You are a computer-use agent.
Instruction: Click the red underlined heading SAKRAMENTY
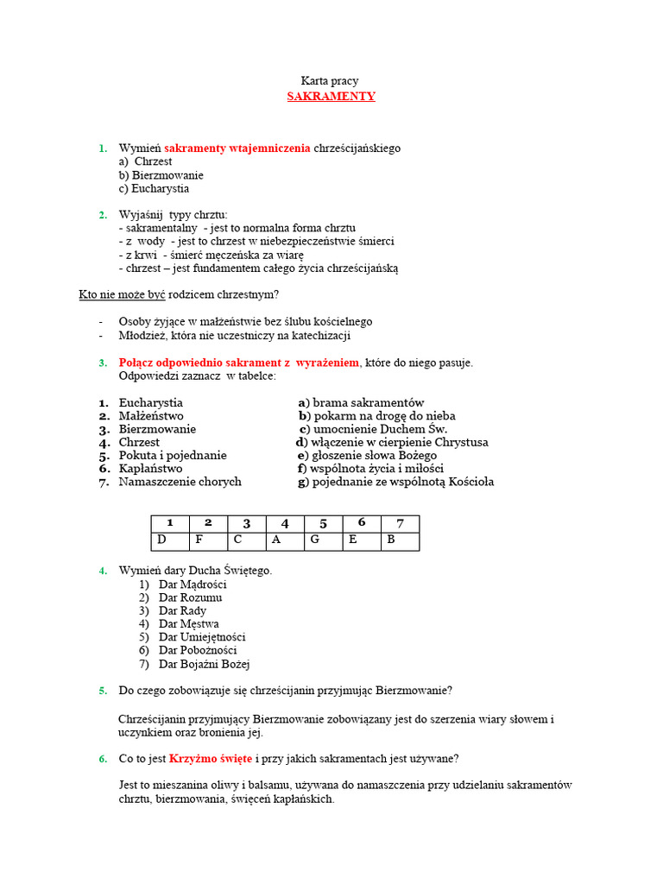tap(331, 97)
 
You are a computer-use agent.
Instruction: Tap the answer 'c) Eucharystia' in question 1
tap(155, 188)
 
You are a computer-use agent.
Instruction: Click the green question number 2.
tap(103, 215)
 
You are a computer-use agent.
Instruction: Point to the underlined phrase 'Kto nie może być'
tap(122, 295)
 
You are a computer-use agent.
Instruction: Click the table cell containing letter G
tap(323, 541)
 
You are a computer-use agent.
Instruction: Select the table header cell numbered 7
tap(400, 523)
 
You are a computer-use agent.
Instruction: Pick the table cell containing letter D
tap(170, 541)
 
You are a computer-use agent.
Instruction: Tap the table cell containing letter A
tap(285, 541)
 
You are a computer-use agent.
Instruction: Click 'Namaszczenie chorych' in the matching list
tap(180, 482)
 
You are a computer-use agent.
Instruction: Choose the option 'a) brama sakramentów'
tap(361, 403)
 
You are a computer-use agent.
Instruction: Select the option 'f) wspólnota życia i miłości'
tap(370, 469)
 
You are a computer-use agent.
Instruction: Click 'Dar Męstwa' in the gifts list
tap(188, 624)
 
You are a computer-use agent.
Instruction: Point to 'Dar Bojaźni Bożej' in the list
tap(204, 664)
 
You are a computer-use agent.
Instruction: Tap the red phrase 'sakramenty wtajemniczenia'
tap(237, 148)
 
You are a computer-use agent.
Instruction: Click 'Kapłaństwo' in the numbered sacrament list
tap(150, 469)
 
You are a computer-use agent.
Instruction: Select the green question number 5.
tap(103, 691)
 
